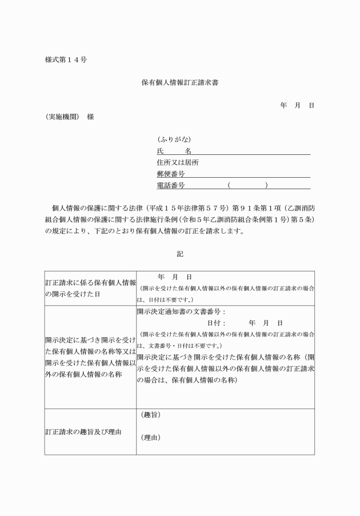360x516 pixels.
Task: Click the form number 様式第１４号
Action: click(x=66, y=59)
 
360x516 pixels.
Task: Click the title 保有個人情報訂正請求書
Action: click(x=180, y=82)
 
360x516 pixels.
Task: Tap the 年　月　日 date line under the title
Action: click(x=297, y=106)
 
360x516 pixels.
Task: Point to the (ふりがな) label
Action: click(x=174, y=139)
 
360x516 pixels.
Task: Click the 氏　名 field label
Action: click(x=174, y=151)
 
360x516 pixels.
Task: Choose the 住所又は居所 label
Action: click(x=178, y=162)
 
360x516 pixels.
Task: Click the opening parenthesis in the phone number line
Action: click(x=229, y=185)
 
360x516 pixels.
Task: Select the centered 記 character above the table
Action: click(x=180, y=254)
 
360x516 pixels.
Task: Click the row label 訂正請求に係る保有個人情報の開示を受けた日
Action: click(x=90, y=287)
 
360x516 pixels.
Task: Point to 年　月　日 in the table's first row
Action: click(x=174, y=277)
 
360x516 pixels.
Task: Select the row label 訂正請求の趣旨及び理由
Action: click(x=83, y=432)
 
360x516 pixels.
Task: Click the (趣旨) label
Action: click(x=150, y=414)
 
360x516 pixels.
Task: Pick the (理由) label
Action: click(x=150, y=438)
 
